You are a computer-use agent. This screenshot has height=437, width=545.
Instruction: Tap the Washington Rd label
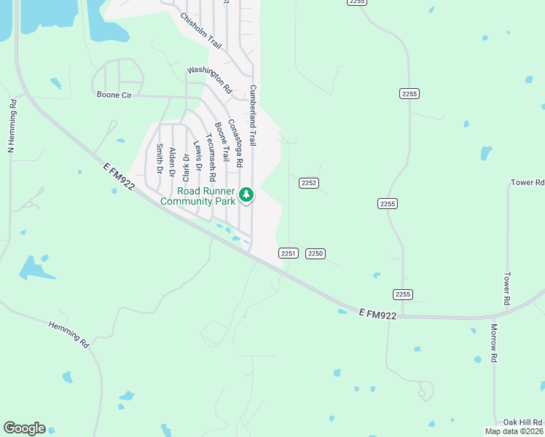pyautogui.click(x=209, y=80)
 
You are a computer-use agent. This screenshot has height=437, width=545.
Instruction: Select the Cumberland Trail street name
pyautogui.click(x=253, y=115)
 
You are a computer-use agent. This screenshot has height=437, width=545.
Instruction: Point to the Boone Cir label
pyautogui.click(x=114, y=94)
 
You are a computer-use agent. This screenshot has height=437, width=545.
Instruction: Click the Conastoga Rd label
pyautogui.click(x=234, y=144)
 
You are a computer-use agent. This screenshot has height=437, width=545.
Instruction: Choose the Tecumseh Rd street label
pyautogui.click(x=211, y=157)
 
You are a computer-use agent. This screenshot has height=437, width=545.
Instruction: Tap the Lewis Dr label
pyautogui.click(x=197, y=157)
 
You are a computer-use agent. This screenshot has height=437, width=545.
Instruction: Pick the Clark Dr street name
pyautogui.click(x=186, y=167)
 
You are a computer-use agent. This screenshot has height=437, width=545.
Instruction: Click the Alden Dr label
pyautogui.click(x=173, y=162)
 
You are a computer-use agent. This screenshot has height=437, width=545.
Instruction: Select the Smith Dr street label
pyautogui.click(x=158, y=159)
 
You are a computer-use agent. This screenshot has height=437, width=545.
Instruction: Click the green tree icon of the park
pyautogui.click(x=247, y=194)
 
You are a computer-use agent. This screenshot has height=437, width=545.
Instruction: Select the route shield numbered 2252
pyautogui.click(x=309, y=183)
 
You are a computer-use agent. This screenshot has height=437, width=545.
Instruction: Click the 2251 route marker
pyautogui.click(x=288, y=253)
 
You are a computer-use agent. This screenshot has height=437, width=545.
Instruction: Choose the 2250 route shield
pyautogui.click(x=315, y=253)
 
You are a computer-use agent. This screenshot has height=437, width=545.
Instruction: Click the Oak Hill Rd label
pyautogui.click(x=523, y=422)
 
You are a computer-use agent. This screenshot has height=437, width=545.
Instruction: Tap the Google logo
pyautogui.click(x=24, y=428)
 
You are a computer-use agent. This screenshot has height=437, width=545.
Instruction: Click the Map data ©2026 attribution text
pyautogui.click(x=514, y=431)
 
